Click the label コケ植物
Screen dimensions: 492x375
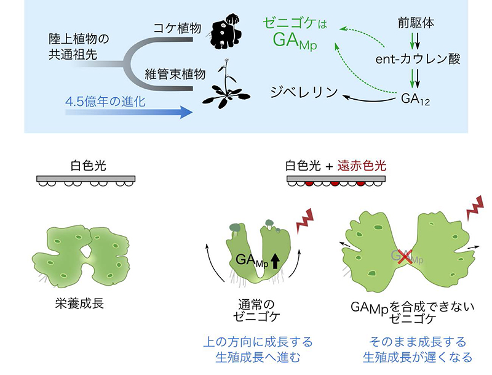[x=177, y=28]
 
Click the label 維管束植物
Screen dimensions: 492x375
[x=175, y=74]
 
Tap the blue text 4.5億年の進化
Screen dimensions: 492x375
[x=105, y=102]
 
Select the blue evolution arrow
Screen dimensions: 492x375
[x=129, y=112]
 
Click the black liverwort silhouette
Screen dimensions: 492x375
[x=224, y=32]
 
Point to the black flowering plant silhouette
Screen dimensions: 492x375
[x=226, y=85]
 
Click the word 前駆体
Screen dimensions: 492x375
[x=416, y=23]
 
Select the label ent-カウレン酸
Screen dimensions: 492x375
[x=418, y=58]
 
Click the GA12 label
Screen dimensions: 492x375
[x=415, y=99]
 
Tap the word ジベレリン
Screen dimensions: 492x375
[x=304, y=92]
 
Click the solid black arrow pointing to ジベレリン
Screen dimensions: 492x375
[x=368, y=100]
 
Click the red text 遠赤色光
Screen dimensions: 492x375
[x=362, y=166]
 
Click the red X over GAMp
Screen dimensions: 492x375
[x=405, y=257]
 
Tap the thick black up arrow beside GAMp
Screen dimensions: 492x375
[x=275, y=260]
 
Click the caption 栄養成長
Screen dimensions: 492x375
[x=79, y=304]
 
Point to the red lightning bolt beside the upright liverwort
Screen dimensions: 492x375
[x=305, y=220]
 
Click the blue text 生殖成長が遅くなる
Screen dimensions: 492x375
[x=418, y=357]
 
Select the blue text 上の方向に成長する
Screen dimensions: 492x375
[x=258, y=342]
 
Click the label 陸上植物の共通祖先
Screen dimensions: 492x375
[x=79, y=46]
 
